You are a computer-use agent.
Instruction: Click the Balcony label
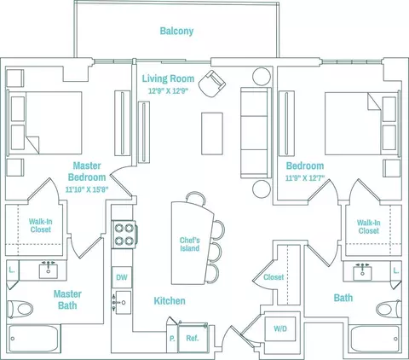(x=176, y=31)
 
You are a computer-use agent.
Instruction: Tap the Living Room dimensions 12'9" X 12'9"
(x=169, y=91)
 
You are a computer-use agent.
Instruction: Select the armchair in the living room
(x=212, y=84)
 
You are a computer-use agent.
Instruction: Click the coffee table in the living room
(x=212, y=134)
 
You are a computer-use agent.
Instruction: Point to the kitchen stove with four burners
(x=124, y=235)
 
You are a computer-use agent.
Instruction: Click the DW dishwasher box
(x=122, y=277)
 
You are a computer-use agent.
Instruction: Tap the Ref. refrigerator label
(x=193, y=338)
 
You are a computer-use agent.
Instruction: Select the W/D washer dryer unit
(x=280, y=328)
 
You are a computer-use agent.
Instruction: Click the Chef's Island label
(x=189, y=244)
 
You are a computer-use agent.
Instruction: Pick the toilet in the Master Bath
(x=20, y=309)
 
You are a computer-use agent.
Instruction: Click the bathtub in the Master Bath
(x=34, y=339)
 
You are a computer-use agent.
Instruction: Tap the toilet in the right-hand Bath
(x=389, y=309)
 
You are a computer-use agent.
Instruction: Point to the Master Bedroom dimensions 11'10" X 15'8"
(x=87, y=189)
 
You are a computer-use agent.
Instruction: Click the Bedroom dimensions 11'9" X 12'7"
(x=305, y=178)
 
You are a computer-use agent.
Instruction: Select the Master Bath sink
(x=49, y=270)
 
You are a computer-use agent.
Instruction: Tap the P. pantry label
(x=172, y=339)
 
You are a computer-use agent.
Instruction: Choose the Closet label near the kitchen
(x=274, y=277)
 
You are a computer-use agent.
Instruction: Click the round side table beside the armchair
(x=262, y=77)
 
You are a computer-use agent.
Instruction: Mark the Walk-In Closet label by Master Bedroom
(x=41, y=225)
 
